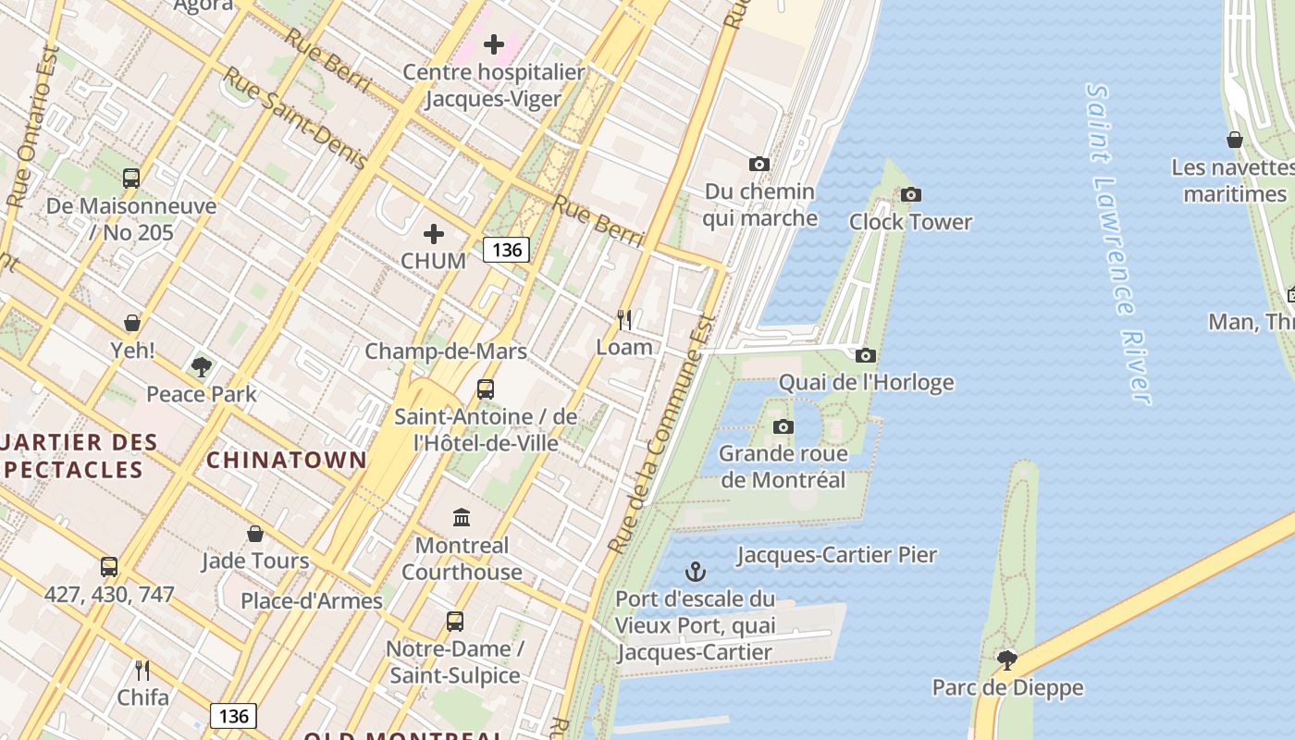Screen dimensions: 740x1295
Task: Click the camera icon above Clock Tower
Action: coord(911,194)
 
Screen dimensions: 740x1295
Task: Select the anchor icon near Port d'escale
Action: coord(696,572)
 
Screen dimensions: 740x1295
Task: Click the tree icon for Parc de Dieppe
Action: coord(1007,660)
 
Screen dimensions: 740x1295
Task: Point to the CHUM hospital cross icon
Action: coord(433,234)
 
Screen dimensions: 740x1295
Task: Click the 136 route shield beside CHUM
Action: coord(506,249)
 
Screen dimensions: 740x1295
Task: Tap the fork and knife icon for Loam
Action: coord(624,320)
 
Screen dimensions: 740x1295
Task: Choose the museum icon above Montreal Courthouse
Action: coord(462,517)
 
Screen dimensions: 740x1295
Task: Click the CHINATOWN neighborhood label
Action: coord(286,460)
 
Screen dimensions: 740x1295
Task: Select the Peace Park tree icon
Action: coord(202,367)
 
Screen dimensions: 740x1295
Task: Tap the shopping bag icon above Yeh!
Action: coord(132,323)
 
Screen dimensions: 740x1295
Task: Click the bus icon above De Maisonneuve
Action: coord(131,179)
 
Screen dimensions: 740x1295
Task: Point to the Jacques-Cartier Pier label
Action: coord(836,555)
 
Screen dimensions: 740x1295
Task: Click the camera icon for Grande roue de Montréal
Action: coord(783,426)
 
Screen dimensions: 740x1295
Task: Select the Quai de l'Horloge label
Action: coord(866,382)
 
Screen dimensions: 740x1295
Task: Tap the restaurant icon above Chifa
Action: coord(142,670)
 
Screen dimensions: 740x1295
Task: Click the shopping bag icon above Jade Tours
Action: coord(255,534)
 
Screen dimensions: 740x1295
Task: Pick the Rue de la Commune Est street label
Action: coord(661,435)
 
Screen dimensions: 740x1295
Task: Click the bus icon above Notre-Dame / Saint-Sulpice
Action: coord(454,622)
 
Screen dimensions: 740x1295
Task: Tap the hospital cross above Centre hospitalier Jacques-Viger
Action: coord(494,43)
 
